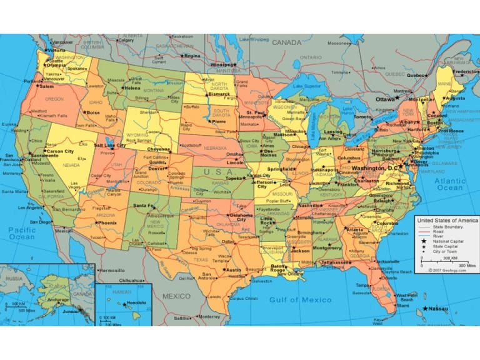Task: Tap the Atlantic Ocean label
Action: coord(450,184)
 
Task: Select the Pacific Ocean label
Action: coord(22,234)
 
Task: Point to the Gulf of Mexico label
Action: coord(301,300)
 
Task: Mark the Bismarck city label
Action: coord(219,94)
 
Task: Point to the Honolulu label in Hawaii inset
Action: coord(136,303)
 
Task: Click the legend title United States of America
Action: coord(447,221)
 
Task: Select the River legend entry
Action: coord(440,236)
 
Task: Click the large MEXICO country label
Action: coord(176,296)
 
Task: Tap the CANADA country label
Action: coord(286,42)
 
